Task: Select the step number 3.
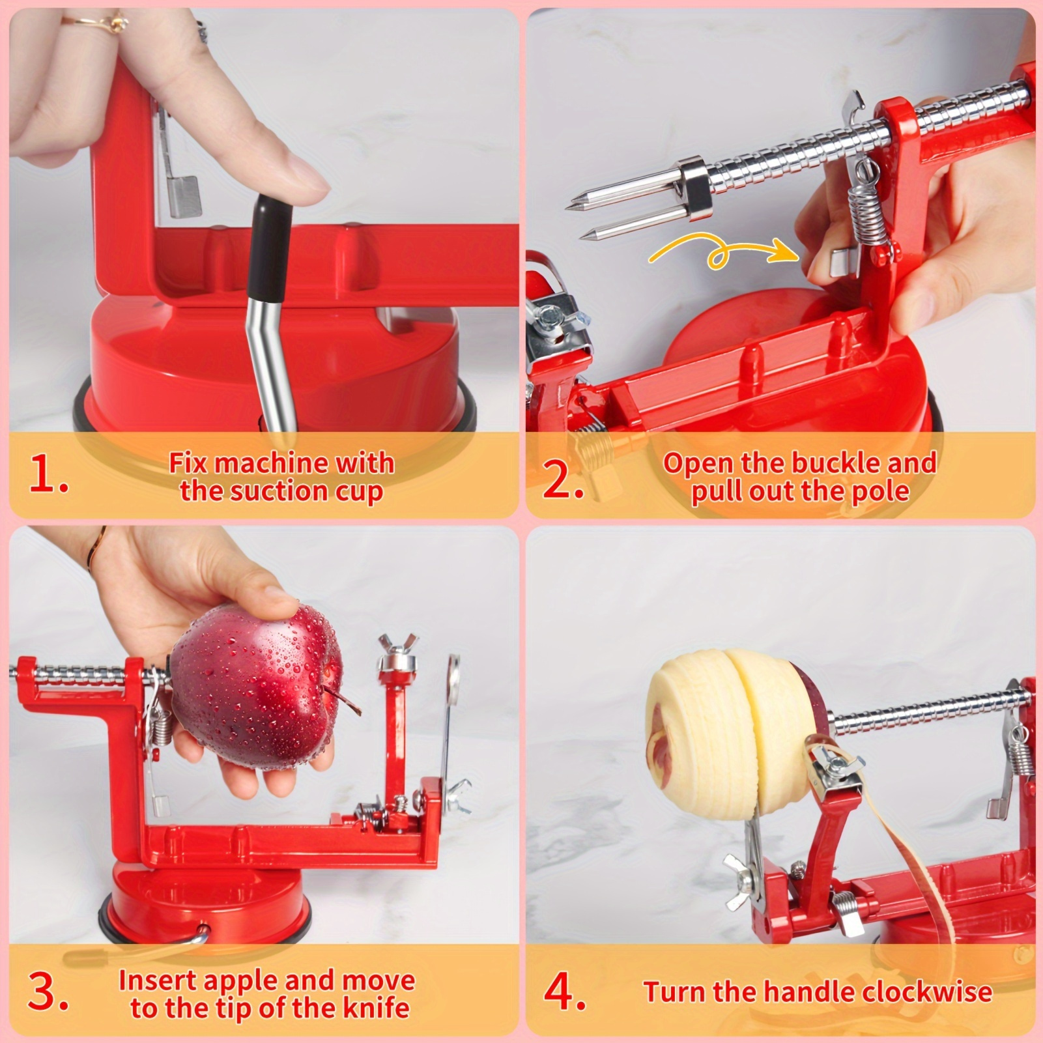(x=48, y=991)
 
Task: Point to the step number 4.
(x=565, y=991)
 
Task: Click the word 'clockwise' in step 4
(x=927, y=992)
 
